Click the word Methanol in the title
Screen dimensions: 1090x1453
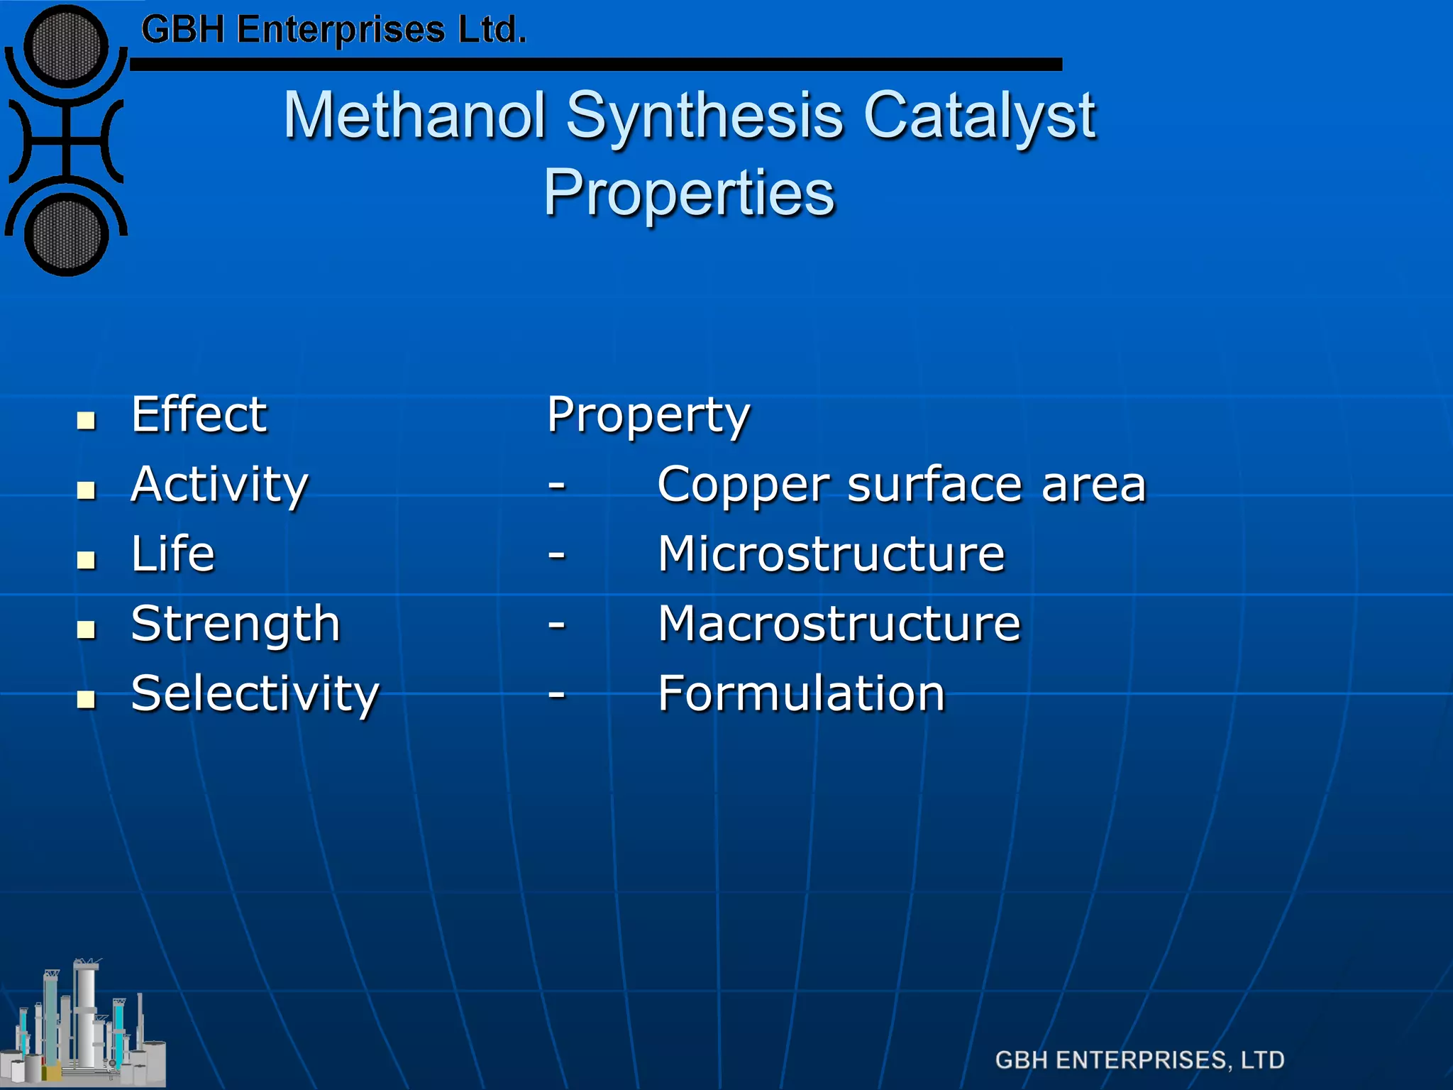click(415, 115)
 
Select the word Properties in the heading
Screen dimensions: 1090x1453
click(690, 192)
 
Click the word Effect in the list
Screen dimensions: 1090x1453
click(199, 414)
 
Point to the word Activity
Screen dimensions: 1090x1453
click(220, 485)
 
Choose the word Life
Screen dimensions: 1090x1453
click(173, 554)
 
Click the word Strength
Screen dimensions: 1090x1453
click(236, 624)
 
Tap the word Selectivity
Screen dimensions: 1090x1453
click(255, 694)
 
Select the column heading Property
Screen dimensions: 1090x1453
click(648, 416)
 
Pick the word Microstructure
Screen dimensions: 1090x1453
click(832, 554)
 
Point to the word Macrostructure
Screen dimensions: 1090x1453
click(839, 624)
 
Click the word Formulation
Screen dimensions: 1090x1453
click(802, 694)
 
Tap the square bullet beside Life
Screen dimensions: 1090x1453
click(87, 561)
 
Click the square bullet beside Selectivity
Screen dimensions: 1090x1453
click(87, 700)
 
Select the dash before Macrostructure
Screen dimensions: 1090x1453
click(557, 624)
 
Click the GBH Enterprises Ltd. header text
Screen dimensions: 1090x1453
click(333, 31)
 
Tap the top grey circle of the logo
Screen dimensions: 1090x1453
click(66, 47)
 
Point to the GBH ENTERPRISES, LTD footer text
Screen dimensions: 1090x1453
click(1139, 1060)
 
